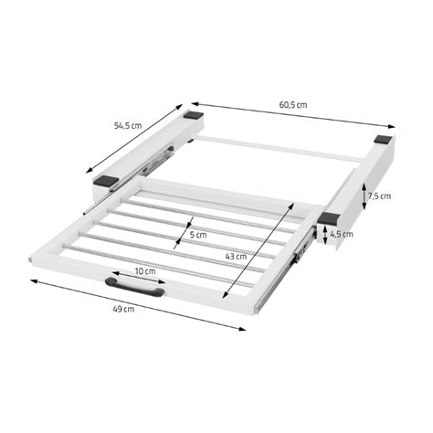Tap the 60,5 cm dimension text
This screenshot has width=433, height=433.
point(293,106)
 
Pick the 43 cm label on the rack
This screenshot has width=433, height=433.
point(236,257)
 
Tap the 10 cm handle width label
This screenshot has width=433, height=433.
point(143,272)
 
